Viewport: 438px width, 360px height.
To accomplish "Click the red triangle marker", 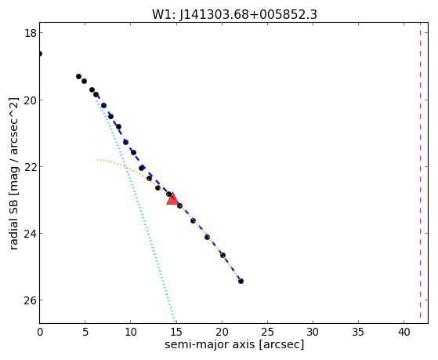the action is point(172,199).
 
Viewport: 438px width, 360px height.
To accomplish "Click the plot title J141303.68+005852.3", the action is point(248,15).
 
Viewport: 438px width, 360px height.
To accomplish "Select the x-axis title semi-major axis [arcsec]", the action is point(234,344).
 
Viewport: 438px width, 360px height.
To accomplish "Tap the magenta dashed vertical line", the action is point(420,173).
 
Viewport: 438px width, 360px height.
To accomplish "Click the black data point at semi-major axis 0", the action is point(40,53).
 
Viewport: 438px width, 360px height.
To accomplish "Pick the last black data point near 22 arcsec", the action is point(241,281).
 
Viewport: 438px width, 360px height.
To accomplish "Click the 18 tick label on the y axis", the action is point(30,33).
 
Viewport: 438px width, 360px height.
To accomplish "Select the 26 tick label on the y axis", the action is point(30,300).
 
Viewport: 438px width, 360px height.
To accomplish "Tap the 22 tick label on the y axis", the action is point(30,167).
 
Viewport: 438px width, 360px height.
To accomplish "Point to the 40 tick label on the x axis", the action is point(404,333).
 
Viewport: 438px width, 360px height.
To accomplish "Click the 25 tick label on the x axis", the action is point(267,333).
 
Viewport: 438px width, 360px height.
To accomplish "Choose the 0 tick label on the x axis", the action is point(40,333).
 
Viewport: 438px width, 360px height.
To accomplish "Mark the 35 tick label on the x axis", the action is point(358,333).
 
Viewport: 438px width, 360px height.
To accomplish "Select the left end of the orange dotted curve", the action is point(97,159).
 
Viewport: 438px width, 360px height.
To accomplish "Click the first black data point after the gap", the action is point(79,76).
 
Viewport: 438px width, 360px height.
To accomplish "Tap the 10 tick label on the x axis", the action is point(131,333).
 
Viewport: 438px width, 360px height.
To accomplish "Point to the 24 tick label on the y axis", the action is point(30,234).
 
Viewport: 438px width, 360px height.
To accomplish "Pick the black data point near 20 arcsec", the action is point(223,256).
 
